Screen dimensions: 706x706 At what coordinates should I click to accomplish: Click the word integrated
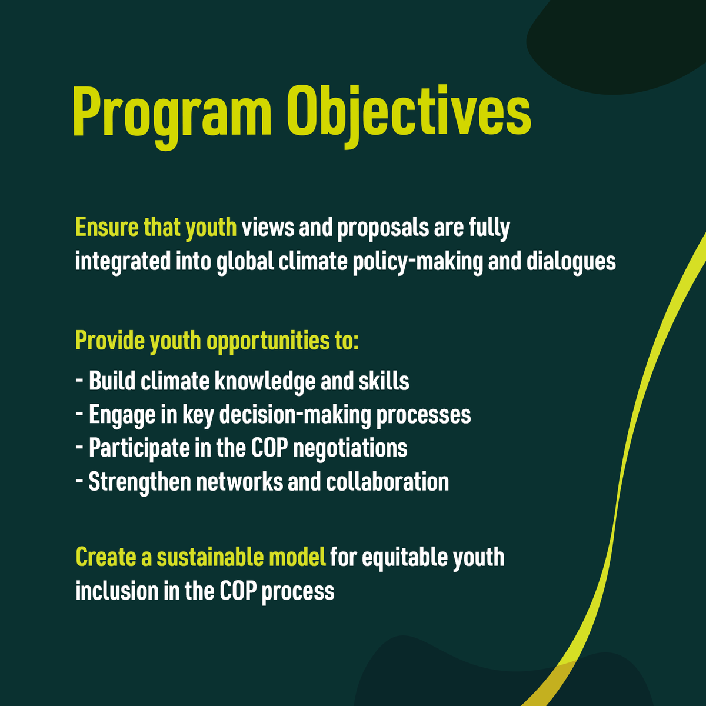122,261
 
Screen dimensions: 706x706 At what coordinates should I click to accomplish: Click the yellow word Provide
109,341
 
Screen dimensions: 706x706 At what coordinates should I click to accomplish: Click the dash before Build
79,381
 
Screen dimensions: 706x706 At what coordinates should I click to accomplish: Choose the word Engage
122,415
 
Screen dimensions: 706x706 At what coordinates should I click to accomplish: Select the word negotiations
350,448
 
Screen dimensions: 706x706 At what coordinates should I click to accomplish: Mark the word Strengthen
139,482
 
